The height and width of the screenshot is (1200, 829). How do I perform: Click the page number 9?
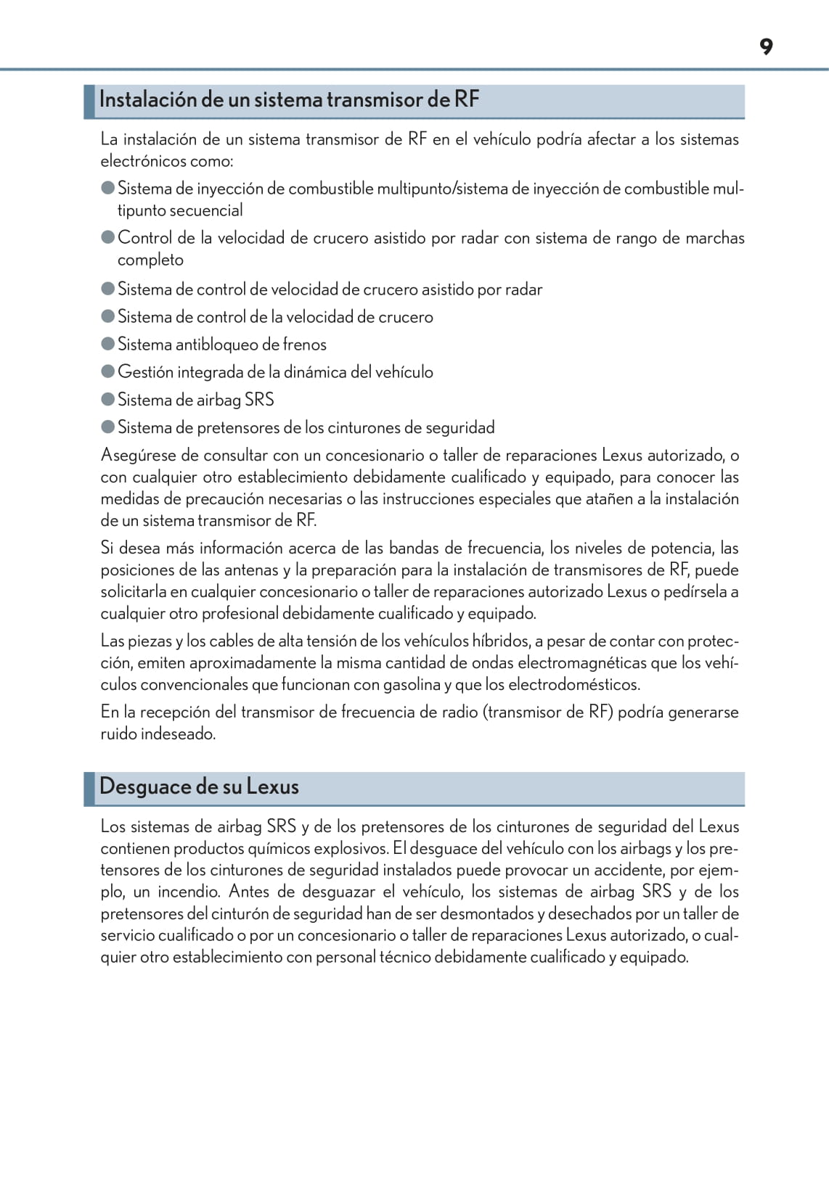[766, 47]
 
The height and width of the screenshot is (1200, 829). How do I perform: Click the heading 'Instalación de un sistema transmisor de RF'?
[289, 99]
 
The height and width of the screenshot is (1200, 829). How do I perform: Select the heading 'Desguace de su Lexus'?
[199, 786]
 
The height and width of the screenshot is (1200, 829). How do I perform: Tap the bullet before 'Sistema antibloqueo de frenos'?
[108, 344]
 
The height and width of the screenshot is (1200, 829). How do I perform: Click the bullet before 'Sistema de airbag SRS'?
[108, 399]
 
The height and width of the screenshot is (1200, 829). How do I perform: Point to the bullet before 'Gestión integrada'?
[108, 371]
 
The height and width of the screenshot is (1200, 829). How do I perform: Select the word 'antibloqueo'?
[216, 345]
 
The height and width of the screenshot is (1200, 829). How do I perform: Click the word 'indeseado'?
[178, 734]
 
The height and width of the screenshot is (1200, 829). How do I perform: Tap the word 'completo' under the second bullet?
[150, 260]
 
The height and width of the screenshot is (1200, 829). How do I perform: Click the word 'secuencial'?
[206, 210]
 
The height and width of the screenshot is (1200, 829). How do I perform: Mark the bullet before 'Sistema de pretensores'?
[108, 427]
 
